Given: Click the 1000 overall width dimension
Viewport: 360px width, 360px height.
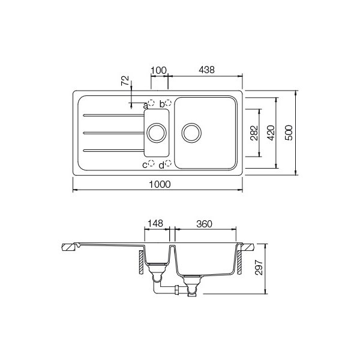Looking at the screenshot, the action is (160, 184).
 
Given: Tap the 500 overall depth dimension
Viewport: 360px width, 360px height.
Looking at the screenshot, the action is (289, 133).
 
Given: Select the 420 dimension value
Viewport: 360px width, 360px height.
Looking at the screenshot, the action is (271, 133).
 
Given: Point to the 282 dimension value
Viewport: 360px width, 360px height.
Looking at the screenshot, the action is (254, 133).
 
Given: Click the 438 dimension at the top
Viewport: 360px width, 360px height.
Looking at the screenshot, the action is (206, 70).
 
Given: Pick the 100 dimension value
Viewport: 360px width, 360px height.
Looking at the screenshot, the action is (159, 70).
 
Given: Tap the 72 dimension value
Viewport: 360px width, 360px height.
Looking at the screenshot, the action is (125, 80).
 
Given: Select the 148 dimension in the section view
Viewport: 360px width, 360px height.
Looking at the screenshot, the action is (155, 223).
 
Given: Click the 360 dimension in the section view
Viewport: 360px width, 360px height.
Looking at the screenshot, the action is (204, 224).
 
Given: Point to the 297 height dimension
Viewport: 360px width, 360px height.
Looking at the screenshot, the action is (259, 268).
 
